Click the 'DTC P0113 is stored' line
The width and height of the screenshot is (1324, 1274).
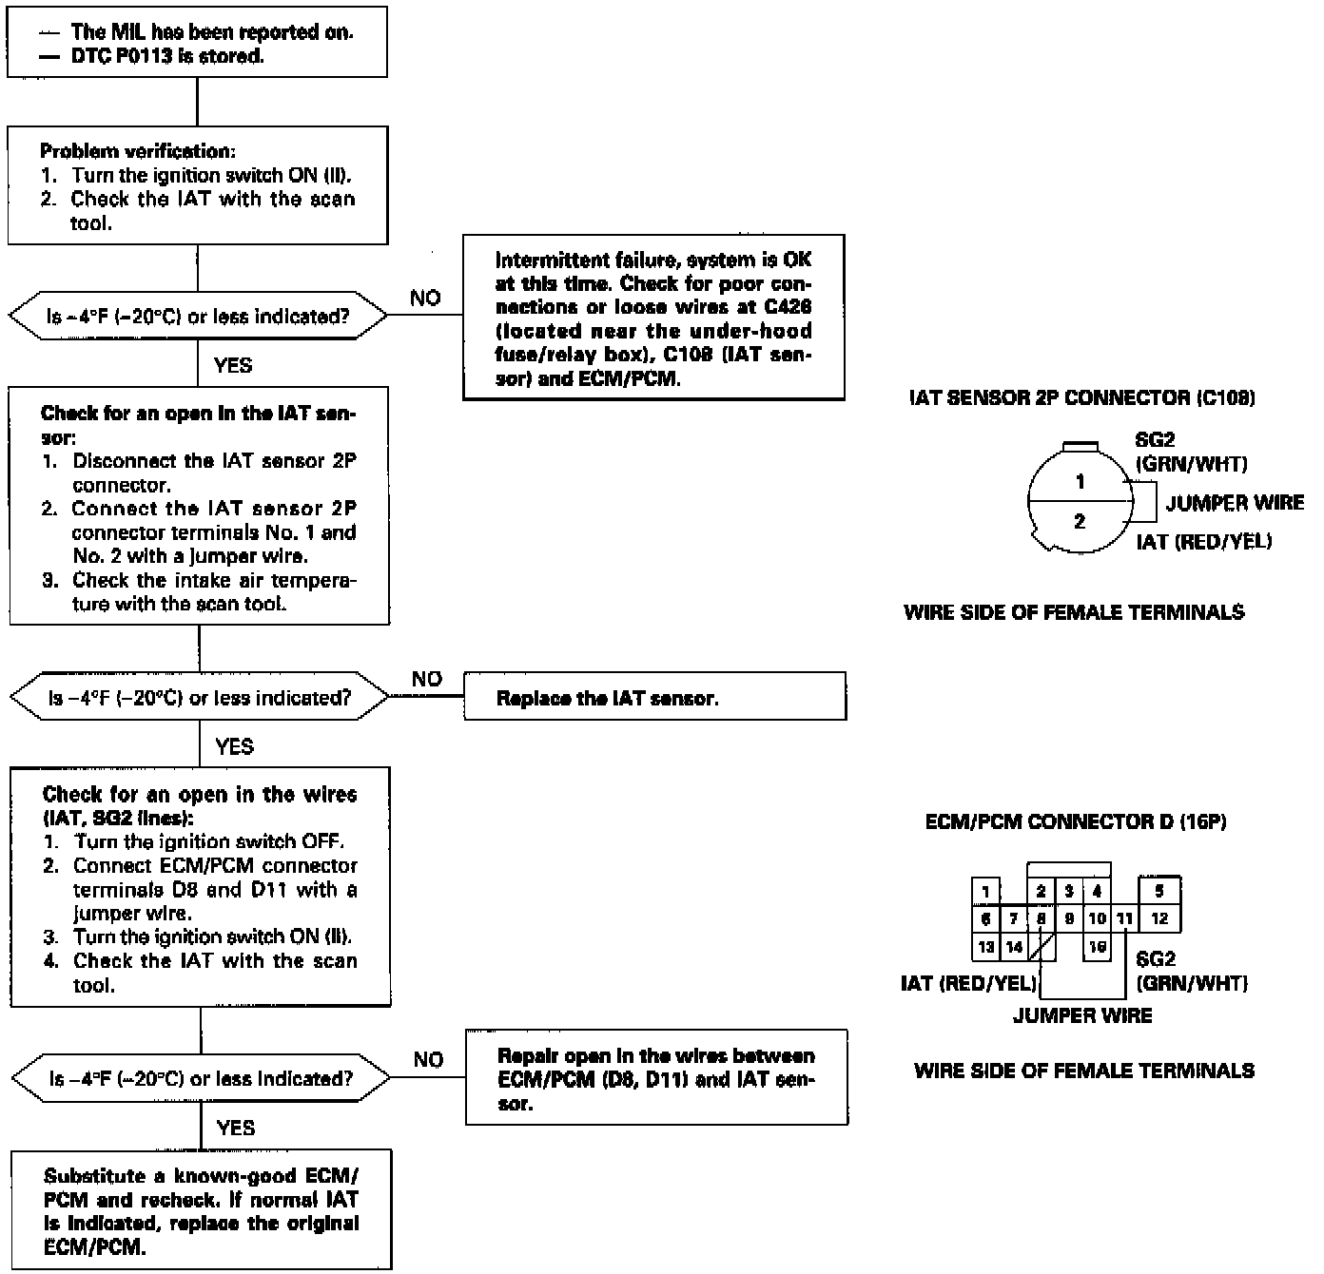coord(167,56)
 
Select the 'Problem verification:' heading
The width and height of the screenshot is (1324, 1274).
coord(137,151)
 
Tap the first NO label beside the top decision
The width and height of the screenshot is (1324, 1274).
coord(425,299)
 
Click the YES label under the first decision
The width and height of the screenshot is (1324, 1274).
coord(233,365)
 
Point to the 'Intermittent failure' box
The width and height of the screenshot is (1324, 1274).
coord(653,318)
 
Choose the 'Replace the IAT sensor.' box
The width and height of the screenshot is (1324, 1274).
coord(654,698)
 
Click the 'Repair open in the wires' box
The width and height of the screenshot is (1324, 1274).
coord(656,1078)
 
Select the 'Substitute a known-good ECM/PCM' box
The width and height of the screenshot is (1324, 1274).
coord(201,1210)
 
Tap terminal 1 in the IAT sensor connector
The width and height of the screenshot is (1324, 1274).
coord(1080,482)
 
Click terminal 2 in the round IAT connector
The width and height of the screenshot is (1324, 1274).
coord(1080,521)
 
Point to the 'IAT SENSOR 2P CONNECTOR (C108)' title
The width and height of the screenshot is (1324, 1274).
coord(1081,398)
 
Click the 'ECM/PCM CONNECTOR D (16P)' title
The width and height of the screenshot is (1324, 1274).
coord(1076,821)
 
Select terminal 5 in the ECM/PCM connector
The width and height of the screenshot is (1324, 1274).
coord(1158,891)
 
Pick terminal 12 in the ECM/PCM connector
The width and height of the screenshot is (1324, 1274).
coord(1158,918)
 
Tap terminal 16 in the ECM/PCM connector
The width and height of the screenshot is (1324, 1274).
coord(1097,947)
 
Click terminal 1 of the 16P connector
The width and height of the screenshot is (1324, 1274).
coord(986,891)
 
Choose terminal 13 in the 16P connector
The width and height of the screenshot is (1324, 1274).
coord(986,947)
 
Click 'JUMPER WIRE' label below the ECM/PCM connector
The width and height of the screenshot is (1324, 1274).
coord(1082,1015)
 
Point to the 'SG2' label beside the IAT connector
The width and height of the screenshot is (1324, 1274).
coord(1155,440)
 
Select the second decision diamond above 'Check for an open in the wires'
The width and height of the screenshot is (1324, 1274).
coord(200,698)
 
